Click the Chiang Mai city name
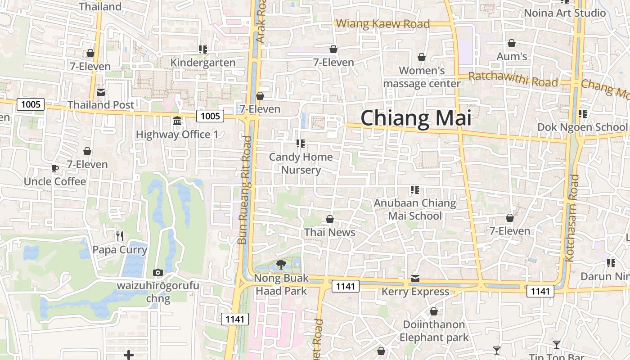coord(416,118)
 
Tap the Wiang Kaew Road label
coord(383,24)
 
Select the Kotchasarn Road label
coord(572,218)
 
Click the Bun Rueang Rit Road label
coord(245,189)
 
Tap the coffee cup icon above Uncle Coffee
coord(54,169)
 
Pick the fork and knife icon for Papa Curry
coord(120,236)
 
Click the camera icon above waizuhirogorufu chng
coord(158,272)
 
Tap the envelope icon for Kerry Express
coord(415,279)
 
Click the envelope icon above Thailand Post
coord(101,92)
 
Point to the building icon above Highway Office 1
coord(177,121)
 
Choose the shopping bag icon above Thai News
coord(330,219)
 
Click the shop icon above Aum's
coord(512,44)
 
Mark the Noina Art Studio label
coord(565,13)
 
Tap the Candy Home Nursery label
coord(301,163)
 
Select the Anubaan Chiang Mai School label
coord(415,209)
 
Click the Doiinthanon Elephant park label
coord(434,331)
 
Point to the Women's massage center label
coord(422,77)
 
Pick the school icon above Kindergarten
coord(203,49)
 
